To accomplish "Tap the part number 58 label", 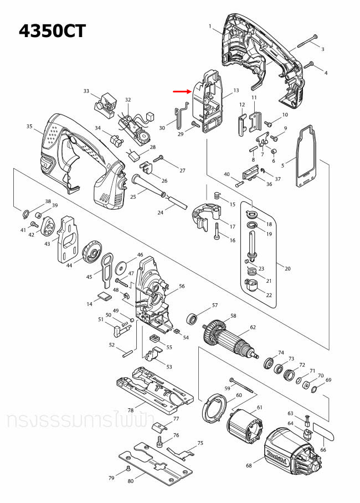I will click(x=233, y=316).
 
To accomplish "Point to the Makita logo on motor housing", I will click(x=275, y=455).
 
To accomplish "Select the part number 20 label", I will click(x=287, y=268).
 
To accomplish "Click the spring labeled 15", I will click(x=217, y=195).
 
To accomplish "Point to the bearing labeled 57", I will click(x=193, y=318).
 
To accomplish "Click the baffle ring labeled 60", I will click(x=212, y=408).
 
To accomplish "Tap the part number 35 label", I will click(x=29, y=127).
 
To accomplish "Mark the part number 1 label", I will click(x=210, y=27).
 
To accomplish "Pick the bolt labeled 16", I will click(x=217, y=231).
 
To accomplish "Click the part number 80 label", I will click(x=131, y=481).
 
